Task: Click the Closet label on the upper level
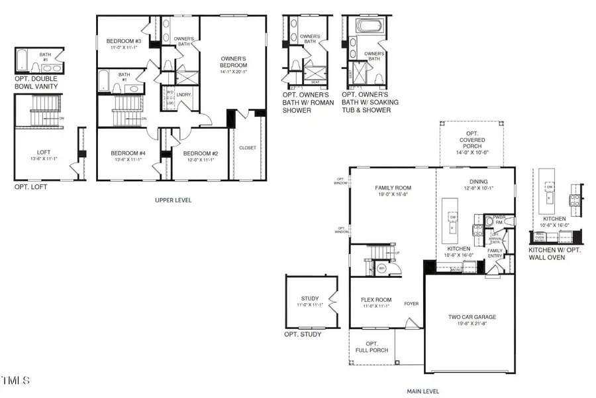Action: tap(248, 149)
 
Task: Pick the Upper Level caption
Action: tap(173, 200)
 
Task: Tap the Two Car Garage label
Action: tap(472, 317)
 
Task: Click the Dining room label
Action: tap(478, 182)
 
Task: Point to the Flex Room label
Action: tap(375, 299)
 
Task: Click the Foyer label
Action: tap(411, 304)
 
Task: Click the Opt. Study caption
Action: tap(303, 334)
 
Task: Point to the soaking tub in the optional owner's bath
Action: tap(366, 27)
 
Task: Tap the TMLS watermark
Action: tap(15, 381)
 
